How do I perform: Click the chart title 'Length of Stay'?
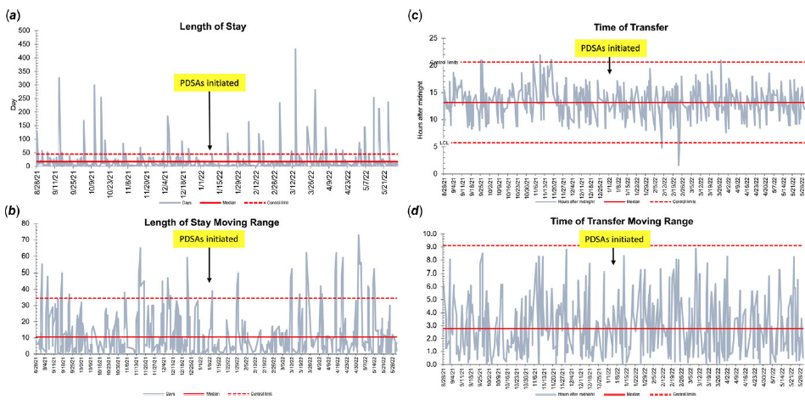point(213,27)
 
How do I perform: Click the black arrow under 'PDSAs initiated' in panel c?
point(609,65)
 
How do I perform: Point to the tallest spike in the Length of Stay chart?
point(295,49)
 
